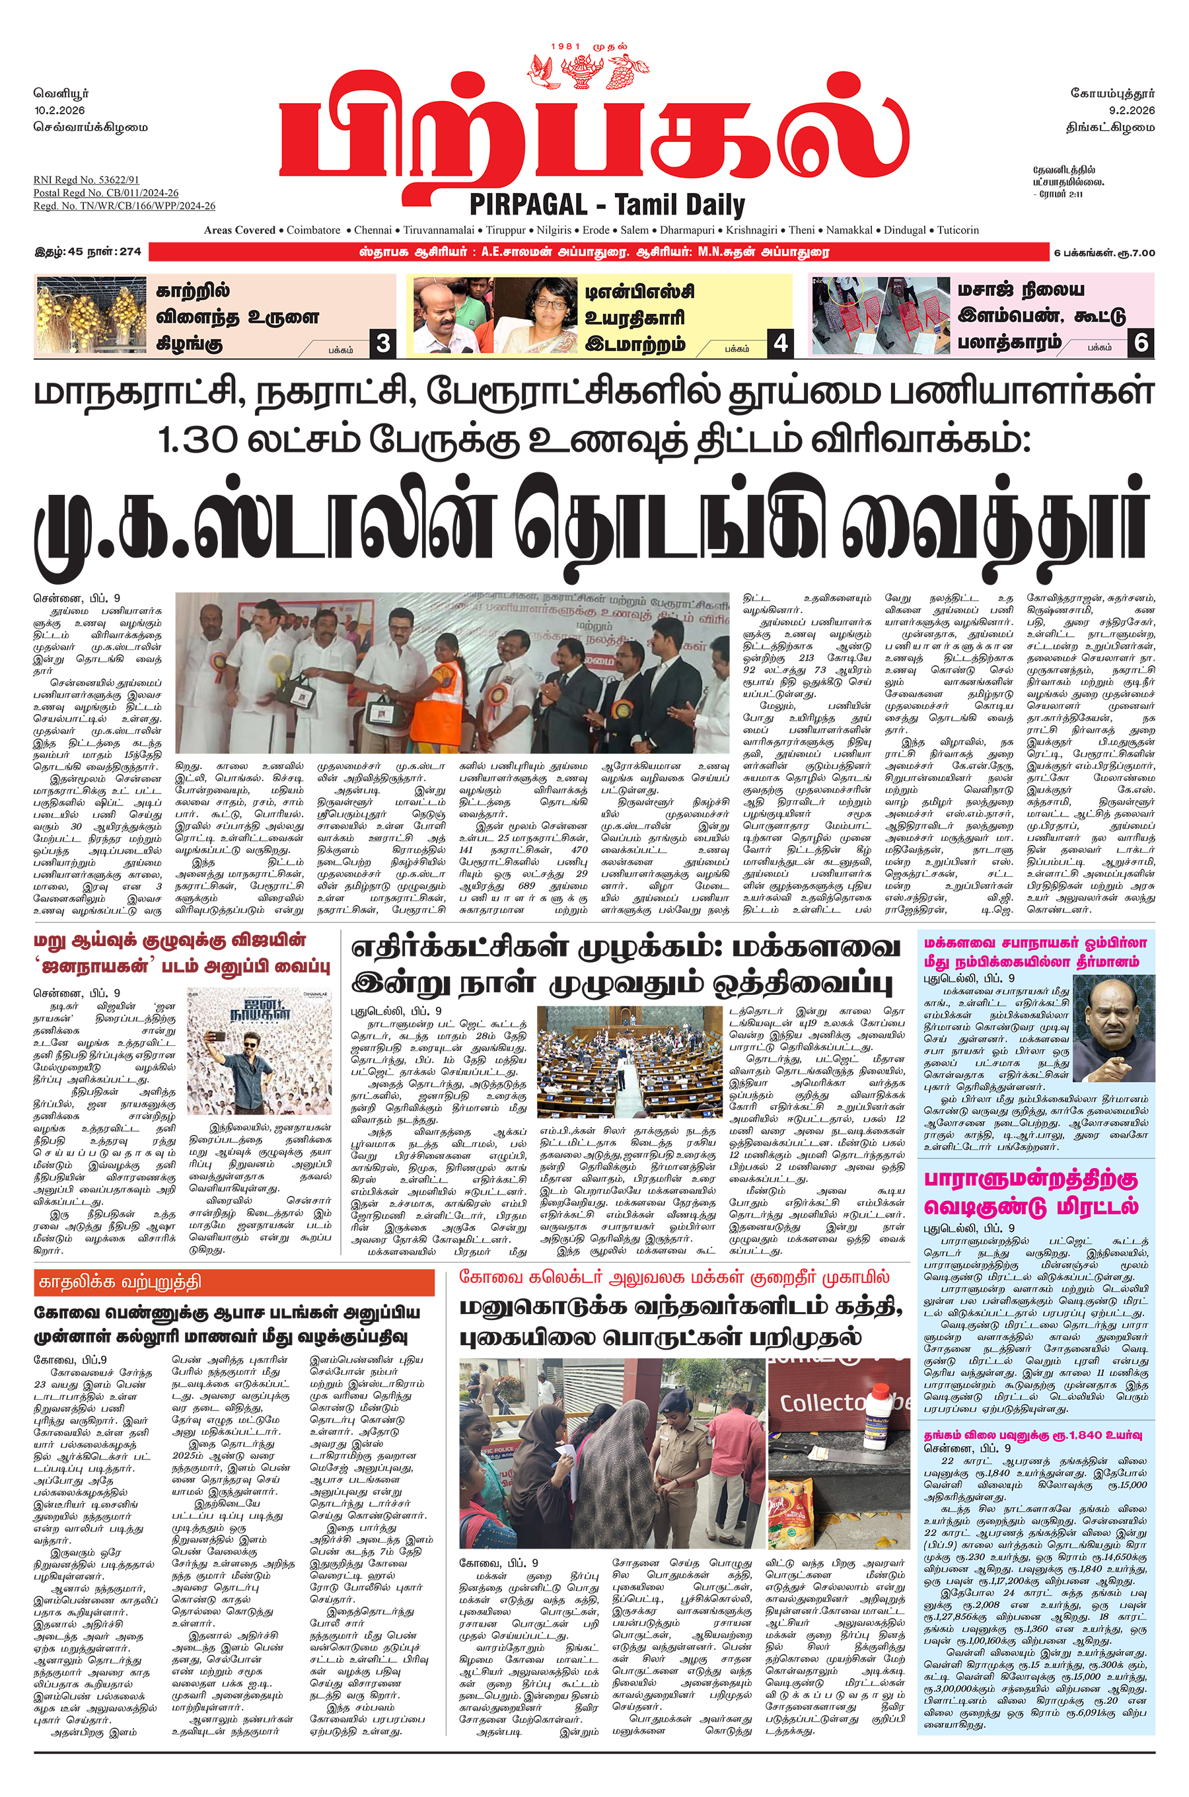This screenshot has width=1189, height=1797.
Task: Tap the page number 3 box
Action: click(x=383, y=344)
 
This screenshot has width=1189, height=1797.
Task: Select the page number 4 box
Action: click(x=780, y=344)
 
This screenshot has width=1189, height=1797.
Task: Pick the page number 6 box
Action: click(x=1141, y=344)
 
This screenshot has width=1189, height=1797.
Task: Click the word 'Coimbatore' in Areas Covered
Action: click(x=313, y=230)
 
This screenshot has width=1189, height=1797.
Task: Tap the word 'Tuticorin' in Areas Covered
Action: click(x=958, y=230)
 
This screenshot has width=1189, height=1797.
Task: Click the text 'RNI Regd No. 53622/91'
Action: click(x=86, y=180)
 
